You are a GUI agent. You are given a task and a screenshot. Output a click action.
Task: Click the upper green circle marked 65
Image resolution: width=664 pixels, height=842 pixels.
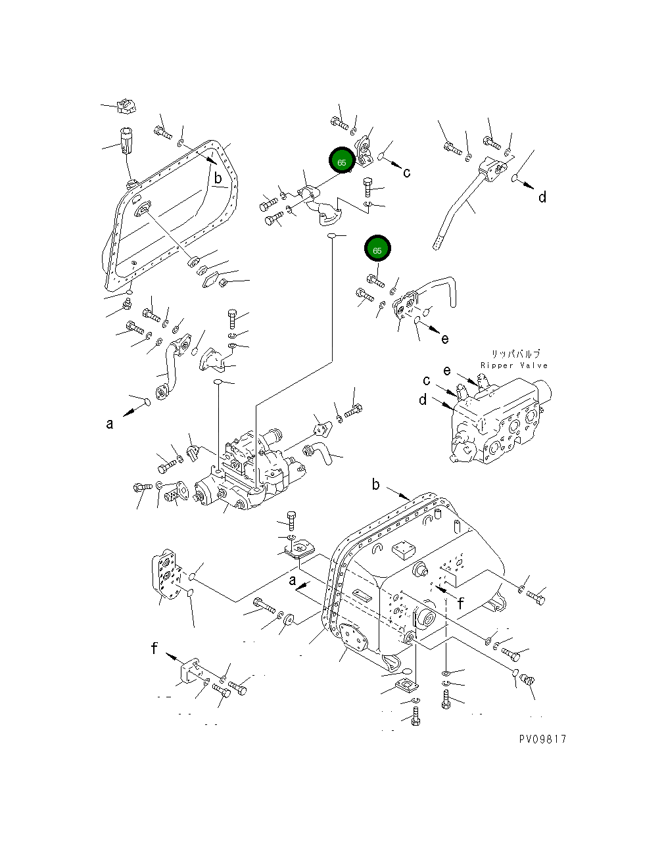coord(341,161)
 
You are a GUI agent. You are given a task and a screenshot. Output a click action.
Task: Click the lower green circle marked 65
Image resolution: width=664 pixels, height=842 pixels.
coord(377,250)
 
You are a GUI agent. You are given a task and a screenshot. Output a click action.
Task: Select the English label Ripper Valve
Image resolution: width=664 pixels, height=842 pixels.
coord(513,365)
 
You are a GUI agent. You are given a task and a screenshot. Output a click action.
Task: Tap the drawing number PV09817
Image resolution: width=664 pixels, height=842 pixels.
coord(542,739)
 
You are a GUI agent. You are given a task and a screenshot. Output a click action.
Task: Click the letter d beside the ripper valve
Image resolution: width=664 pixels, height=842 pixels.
coord(423,399)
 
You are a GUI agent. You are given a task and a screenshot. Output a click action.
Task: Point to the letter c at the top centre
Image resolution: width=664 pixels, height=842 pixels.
coord(407,172)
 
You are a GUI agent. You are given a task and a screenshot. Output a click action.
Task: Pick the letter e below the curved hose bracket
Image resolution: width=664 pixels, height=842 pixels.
coord(445,339)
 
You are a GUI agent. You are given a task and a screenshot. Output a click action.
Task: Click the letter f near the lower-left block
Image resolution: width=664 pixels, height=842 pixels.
coord(154,648)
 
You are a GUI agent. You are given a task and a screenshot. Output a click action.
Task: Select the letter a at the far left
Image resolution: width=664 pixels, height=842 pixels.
coord(110,424)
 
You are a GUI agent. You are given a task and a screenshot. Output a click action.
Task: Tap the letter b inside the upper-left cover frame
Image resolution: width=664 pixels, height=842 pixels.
coord(217,177)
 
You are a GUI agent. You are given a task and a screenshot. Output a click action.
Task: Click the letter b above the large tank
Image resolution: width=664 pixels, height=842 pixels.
coord(375,484)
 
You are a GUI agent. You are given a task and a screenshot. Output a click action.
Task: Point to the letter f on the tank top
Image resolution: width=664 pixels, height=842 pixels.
coord(461,603)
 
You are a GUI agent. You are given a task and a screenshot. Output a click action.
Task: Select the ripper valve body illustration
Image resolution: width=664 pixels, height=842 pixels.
coord(500,421)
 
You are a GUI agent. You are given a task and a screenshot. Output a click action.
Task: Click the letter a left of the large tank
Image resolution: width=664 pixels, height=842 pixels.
coord(293,580)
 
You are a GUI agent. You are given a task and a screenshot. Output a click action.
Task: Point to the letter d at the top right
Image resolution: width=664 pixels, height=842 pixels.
coord(542,197)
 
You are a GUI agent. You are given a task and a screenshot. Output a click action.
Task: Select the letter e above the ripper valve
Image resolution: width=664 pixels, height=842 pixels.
coord(447,371)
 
